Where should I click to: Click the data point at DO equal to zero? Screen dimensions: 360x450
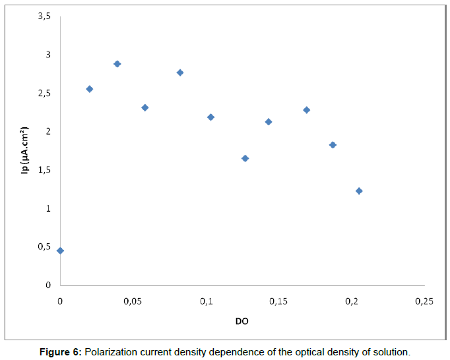60,251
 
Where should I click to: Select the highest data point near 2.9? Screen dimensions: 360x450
117,64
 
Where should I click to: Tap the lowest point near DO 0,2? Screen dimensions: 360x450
359,191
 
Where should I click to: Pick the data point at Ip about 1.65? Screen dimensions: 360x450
245,158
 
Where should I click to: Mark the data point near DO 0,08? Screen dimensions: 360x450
180,73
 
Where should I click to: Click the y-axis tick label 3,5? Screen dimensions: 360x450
44,16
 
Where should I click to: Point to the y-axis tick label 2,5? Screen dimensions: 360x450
44,94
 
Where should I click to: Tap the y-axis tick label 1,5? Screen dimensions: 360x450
44,170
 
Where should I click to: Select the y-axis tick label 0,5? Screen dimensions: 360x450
44,247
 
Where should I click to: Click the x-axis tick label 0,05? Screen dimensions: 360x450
133,301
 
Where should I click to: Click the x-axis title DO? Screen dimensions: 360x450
242,321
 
